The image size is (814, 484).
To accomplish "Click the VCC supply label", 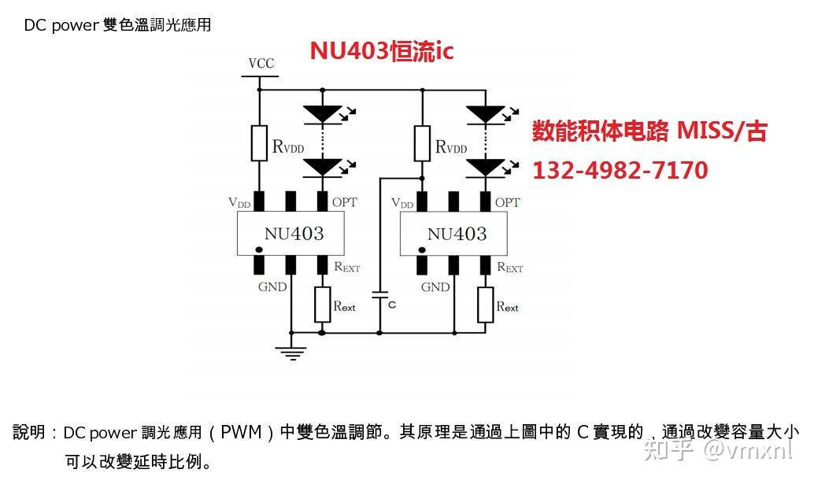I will point(261,64).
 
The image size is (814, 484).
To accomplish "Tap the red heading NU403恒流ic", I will point(381,51).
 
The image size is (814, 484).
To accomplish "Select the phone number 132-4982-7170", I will point(620,170).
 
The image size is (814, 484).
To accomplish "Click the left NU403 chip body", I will point(292,234).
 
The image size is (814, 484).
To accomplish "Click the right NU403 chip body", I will point(455,234).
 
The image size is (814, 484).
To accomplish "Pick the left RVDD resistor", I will point(258,142).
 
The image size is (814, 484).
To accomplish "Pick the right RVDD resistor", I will point(422,142).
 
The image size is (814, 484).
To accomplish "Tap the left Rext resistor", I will point(322,305).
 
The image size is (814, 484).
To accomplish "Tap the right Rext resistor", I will point(485,305).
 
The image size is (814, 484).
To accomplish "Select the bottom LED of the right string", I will point(486,167).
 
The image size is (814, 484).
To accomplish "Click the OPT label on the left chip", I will point(344,202).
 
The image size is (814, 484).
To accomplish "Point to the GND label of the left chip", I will point(272,287).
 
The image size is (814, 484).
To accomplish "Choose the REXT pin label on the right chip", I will point(509,268).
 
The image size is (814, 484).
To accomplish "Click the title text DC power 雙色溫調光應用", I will point(117,25).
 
